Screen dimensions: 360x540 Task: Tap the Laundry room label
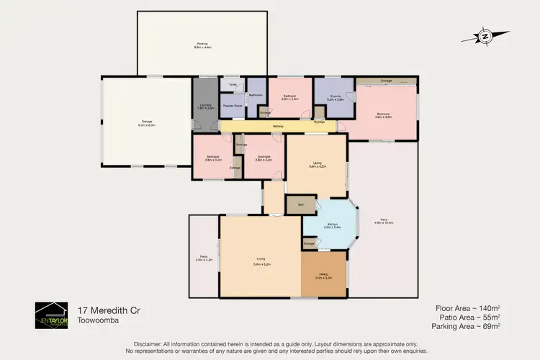(x=204, y=107)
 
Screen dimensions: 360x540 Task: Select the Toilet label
(x=233, y=85)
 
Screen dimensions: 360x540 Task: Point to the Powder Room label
(x=232, y=106)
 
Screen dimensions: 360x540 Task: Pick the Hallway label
(x=278, y=127)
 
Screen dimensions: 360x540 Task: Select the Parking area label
(x=202, y=45)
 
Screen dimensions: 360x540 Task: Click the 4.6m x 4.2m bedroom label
(x=383, y=114)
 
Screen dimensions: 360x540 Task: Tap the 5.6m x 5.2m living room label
(x=261, y=263)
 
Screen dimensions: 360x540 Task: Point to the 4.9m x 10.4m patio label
(x=384, y=222)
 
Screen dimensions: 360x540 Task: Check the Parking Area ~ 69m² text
(x=465, y=327)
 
